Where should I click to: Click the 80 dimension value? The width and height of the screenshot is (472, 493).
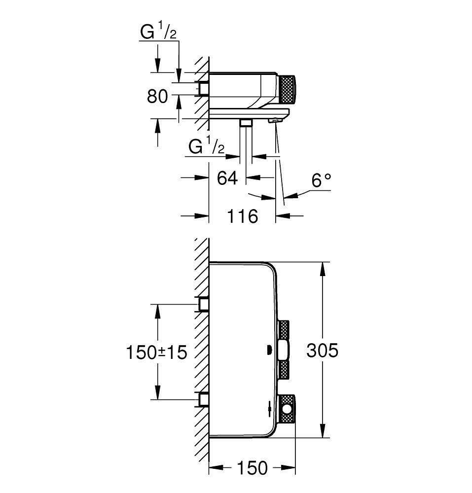point(158,97)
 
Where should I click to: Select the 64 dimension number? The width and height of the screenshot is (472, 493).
point(227,177)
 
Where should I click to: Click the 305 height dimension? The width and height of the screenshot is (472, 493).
point(322,351)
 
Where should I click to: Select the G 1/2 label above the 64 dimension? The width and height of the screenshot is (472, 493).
point(207,147)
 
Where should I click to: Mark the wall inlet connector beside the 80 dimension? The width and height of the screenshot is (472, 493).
point(203,88)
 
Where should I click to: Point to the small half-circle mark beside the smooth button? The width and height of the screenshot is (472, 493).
point(269,351)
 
